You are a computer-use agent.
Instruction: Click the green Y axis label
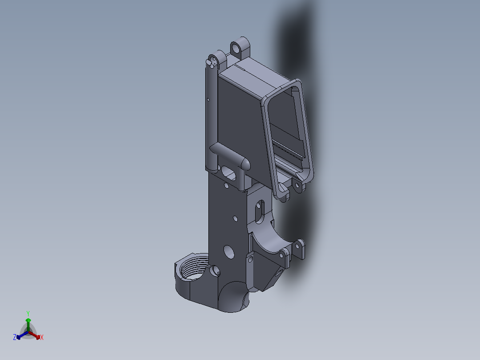pyautogui.click(x=28, y=313)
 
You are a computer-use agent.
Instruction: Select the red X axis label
pyautogui.click(x=42, y=338)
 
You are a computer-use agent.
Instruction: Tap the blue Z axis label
pyautogui.click(x=15, y=338)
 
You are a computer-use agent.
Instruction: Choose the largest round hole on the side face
pyautogui.click(x=228, y=252)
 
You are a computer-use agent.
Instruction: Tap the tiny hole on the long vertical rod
pyautogui.click(x=208, y=99)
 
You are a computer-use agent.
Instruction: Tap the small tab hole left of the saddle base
pyautogui.click(x=250, y=258)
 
